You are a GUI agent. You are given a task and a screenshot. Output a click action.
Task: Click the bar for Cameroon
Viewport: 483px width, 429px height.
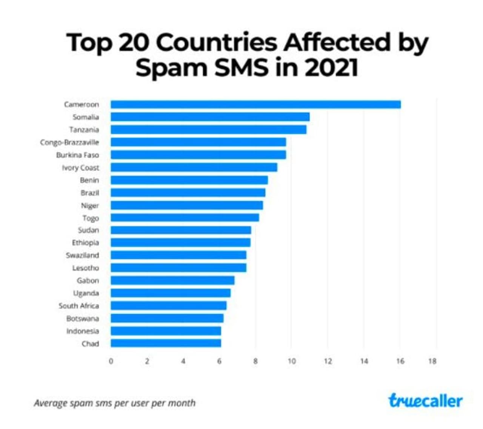[255, 104]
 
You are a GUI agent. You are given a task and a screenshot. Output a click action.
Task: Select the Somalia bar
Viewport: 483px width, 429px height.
[210, 117]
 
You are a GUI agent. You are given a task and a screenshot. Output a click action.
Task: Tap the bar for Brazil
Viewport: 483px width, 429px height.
[188, 193]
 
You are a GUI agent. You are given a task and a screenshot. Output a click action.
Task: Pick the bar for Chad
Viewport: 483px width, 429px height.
[166, 343]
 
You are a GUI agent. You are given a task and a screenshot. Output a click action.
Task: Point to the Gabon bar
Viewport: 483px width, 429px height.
[172, 280]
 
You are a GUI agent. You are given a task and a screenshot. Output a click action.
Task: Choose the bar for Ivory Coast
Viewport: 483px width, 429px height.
[194, 167]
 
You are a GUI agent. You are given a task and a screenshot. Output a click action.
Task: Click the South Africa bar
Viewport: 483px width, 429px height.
[168, 306]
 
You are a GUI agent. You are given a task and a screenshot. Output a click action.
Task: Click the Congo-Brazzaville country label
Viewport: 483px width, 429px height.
[69, 142]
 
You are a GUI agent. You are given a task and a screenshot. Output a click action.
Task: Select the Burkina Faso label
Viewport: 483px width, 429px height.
[77, 155]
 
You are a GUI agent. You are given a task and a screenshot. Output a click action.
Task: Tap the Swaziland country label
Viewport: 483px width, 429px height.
[82, 255]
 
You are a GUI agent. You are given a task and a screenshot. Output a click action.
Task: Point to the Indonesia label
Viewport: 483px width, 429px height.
[83, 331]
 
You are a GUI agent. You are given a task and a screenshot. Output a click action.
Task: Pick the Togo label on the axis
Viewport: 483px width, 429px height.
[91, 218]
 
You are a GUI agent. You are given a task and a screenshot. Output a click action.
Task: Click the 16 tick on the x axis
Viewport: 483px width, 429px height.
[400, 361]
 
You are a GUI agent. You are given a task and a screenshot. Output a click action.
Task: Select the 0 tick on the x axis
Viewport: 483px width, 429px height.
[111, 361]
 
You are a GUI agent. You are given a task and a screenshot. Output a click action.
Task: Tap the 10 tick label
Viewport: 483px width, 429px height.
[292, 361]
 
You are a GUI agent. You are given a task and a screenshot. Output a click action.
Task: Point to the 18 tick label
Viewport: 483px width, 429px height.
[432, 361]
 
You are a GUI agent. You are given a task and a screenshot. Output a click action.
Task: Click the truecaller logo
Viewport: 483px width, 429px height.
[425, 401]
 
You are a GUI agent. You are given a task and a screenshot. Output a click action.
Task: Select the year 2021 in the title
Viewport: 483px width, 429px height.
[331, 68]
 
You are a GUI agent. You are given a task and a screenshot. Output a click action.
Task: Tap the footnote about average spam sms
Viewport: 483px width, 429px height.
[115, 403]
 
